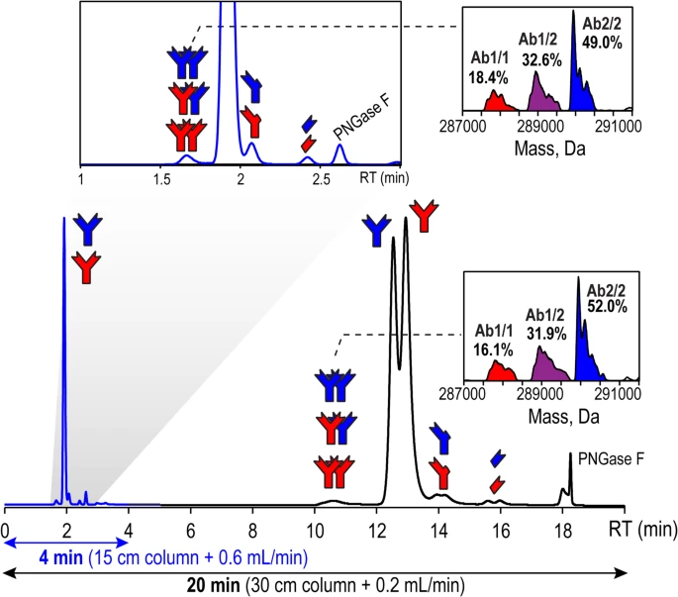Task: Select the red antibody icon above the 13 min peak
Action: click(425, 213)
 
